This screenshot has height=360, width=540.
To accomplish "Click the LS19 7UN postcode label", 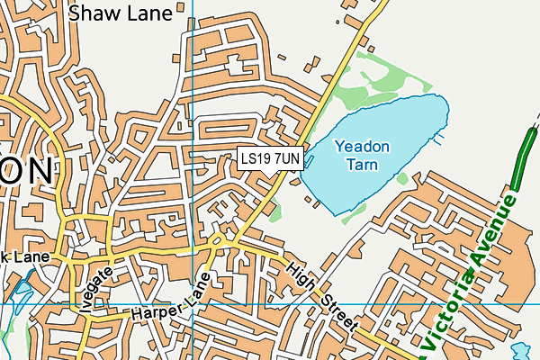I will pyautogui.click(x=271, y=158).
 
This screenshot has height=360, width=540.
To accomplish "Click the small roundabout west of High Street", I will pyautogui.click(x=217, y=241).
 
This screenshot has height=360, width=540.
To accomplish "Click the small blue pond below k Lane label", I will pyautogui.click(x=20, y=291).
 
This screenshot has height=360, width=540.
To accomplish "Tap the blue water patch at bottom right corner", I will pyautogui.click(x=521, y=349).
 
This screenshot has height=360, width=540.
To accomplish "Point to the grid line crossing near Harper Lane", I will pyautogui.click(x=193, y=303).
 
